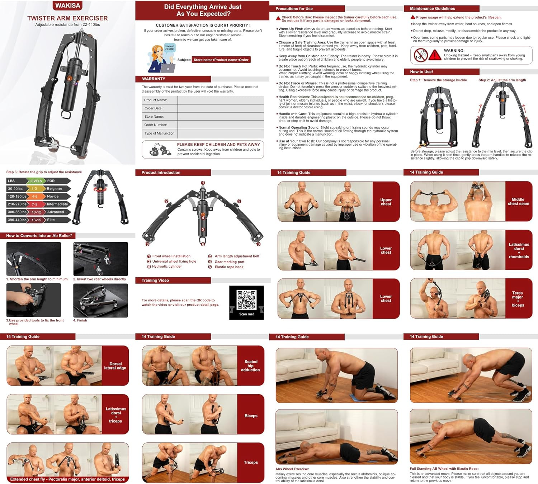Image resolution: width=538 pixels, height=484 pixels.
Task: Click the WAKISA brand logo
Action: tap(67, 5)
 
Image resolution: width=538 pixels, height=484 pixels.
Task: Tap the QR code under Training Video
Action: tap(246, 300)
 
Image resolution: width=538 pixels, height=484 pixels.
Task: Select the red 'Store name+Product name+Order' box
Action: tap(221, 60)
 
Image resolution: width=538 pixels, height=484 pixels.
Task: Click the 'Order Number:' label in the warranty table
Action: tap(156, 125)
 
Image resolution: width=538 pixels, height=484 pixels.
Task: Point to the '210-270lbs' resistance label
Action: tap(17, 204)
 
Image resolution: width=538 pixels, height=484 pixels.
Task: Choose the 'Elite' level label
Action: tap(51, 220)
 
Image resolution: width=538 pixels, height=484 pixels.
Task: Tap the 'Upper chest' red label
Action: tap(386, 202)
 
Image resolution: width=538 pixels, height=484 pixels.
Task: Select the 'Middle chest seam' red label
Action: tap(518, 202)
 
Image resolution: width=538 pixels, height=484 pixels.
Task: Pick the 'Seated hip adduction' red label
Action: tap(251, 366)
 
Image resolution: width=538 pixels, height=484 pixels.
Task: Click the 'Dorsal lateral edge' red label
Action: tap(115, 366)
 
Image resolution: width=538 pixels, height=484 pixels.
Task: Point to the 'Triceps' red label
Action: tap(251, 462)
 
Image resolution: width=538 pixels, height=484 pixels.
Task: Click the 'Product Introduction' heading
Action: tap(161, 173)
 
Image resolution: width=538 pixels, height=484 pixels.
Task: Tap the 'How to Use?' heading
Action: tap(421, 72)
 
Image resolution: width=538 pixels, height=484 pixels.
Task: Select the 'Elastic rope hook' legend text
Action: tap(229, 267)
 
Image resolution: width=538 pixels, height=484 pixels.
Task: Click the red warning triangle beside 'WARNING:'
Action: tap(435, 55)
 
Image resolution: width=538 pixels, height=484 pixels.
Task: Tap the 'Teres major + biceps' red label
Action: tap(518, 299)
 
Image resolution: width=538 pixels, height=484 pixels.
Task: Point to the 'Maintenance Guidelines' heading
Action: tap(432, 8)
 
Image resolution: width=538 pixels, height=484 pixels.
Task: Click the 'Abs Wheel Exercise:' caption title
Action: tap(292, 469)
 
